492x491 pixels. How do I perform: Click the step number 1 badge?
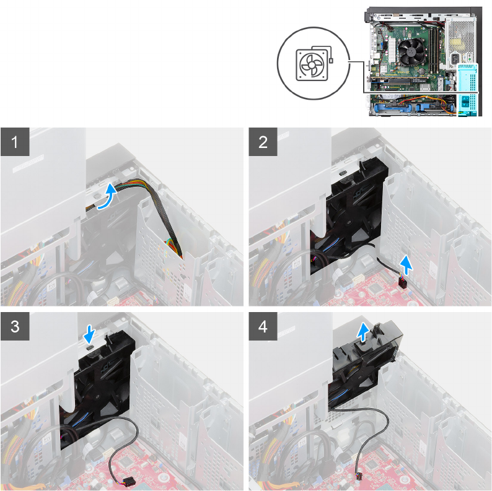[15, 142]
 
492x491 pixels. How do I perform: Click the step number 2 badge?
[263, 142]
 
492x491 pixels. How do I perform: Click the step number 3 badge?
[15, 326]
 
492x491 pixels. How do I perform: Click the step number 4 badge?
[263, 326]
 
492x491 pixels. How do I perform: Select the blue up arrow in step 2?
[407, 265]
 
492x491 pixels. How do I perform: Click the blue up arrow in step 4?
[363, 332]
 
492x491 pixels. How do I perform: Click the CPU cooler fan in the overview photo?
[411, 51]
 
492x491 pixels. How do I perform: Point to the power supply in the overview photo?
[460, 41]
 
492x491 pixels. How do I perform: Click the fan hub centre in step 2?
[348, 222]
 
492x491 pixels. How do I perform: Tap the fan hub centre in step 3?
[98, 396]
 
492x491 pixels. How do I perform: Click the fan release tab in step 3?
[90, 348]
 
